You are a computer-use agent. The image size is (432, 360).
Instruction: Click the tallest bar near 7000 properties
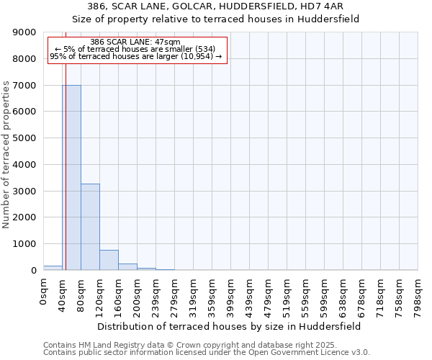(x=71, y=177)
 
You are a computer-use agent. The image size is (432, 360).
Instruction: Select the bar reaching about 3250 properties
(x=90, y=227)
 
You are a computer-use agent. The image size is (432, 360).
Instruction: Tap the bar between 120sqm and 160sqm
(x=109, y=260)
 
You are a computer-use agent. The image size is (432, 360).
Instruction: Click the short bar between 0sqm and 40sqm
(x=53, y=268)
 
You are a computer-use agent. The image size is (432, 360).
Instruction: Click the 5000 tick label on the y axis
(x=24, y=138)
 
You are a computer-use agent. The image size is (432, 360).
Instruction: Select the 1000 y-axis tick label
(x=24, y=244)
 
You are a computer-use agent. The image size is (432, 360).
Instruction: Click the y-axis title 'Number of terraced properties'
(x=6, y=155)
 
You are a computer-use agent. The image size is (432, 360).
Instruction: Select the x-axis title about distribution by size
(x=230, y=326)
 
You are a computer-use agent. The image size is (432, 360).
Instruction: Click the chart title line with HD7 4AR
(x=230, y=6)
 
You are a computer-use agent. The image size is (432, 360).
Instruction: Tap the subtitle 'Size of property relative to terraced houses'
(x=230, y=19)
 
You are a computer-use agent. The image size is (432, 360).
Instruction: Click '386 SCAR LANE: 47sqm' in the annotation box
(x=136, y=42)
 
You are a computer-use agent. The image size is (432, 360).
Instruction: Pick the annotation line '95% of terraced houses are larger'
(x=136, y=56)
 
